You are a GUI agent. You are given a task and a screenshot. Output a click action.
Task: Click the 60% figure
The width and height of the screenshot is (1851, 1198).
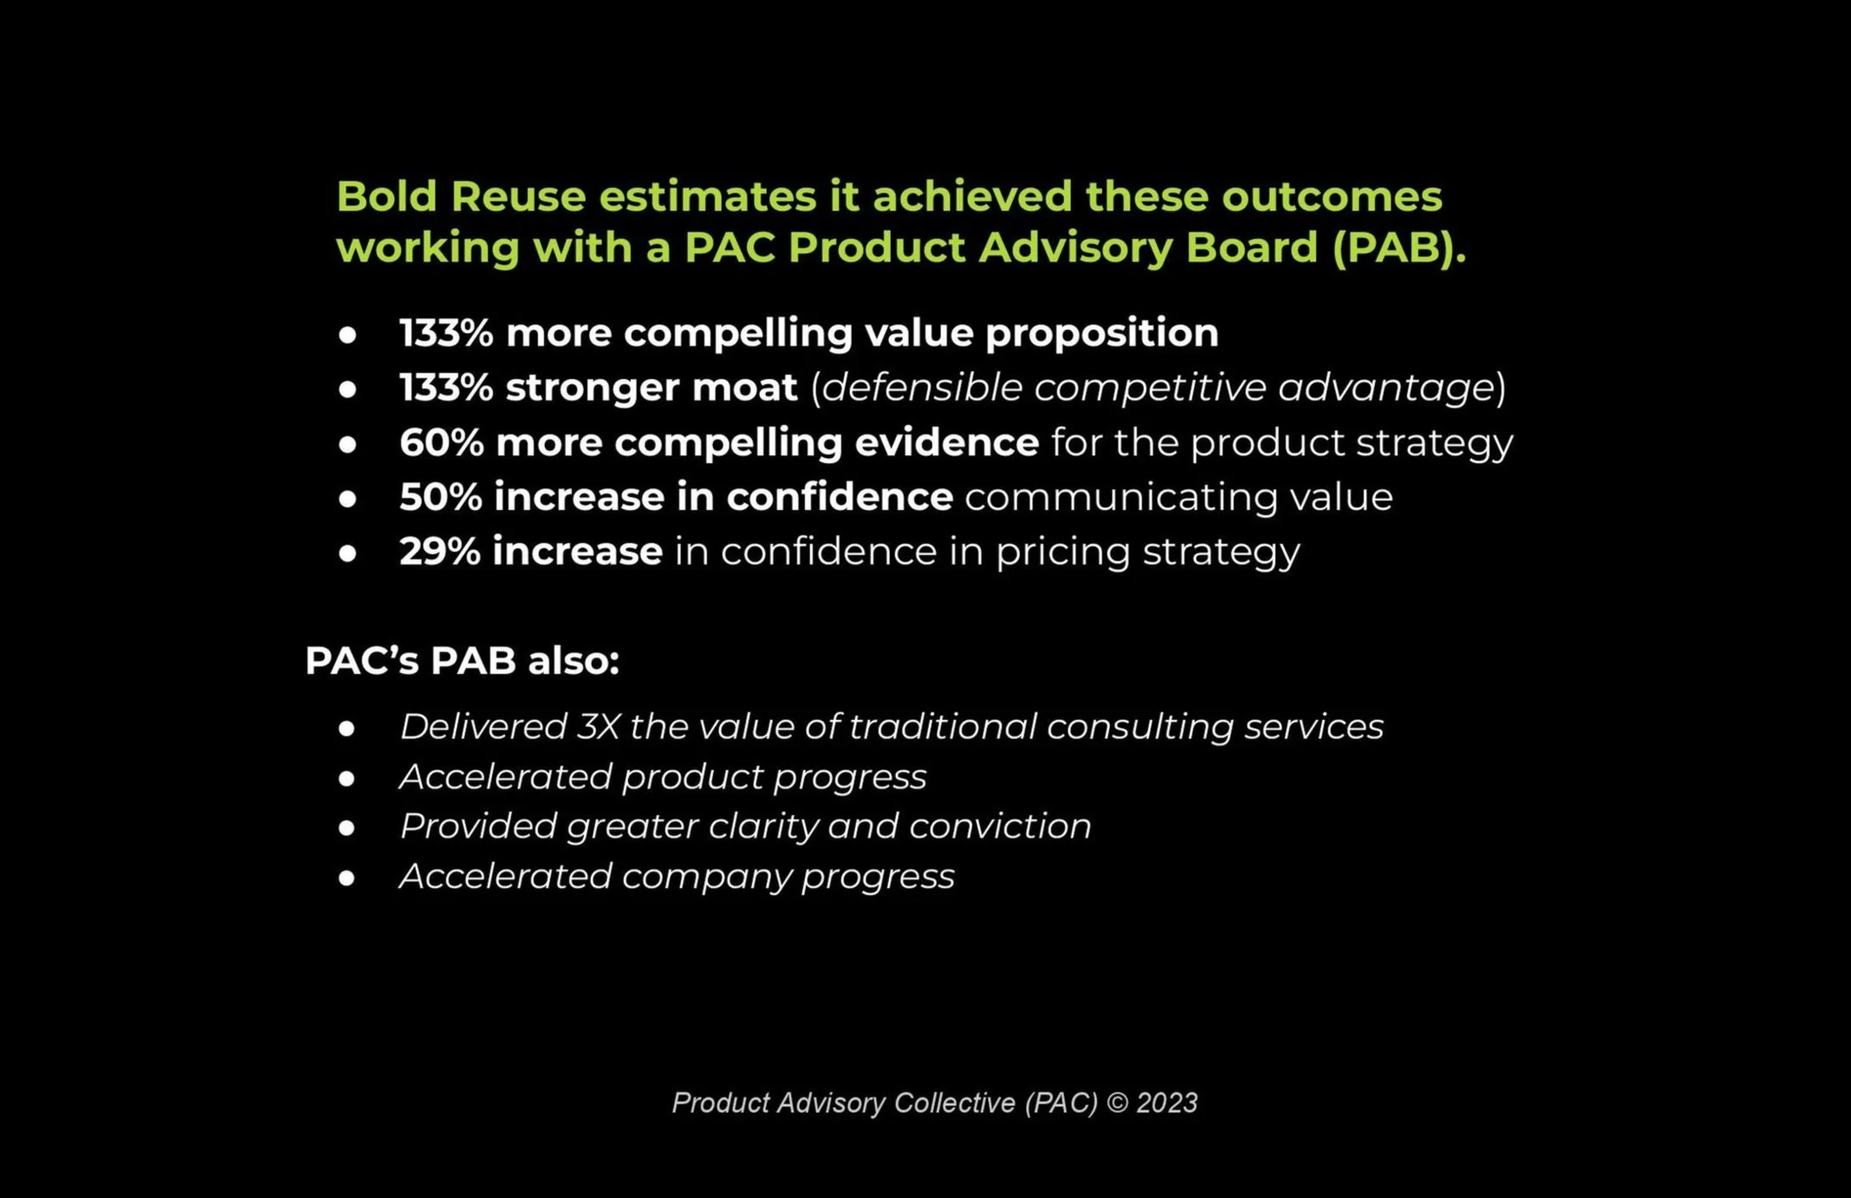(x=441, y=443)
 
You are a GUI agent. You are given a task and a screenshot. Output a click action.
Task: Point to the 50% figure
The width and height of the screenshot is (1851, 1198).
(x=440, y=498)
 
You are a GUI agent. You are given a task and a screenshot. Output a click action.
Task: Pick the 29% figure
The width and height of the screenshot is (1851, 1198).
(x=439, y=552)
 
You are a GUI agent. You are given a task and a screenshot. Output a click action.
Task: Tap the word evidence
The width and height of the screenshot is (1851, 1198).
(x=946, y=443)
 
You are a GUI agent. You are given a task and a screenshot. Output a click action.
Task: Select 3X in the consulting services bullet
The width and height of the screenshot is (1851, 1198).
(x=598, y=726)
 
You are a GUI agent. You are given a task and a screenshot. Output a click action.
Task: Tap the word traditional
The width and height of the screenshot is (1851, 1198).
(x=941, y=726)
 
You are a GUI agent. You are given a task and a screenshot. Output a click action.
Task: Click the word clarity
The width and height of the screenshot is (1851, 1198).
(x=763, y=827)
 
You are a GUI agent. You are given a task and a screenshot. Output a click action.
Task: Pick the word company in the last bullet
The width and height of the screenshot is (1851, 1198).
(x=706, y=877)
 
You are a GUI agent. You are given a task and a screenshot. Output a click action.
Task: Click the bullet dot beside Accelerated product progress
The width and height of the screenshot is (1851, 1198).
(x=347, y=778)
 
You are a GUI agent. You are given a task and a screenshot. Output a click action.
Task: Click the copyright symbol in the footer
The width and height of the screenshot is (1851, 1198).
(x=1118, y=1103)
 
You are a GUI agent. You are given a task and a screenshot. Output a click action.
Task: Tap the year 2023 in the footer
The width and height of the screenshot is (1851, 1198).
(x=1166, y=1103)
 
